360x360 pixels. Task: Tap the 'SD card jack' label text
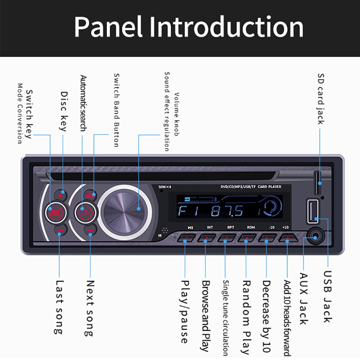pyautogui.click(x=320, y=99)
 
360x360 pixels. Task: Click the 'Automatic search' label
pyautogui.click(x=83, y=103)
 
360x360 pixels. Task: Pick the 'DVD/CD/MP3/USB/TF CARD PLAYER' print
pyautogui.click(x=251, y=187)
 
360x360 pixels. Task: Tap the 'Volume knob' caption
pyautogui.click(x=176, y=114)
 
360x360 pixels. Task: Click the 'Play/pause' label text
pyautogui.click(x=185, y=311)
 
